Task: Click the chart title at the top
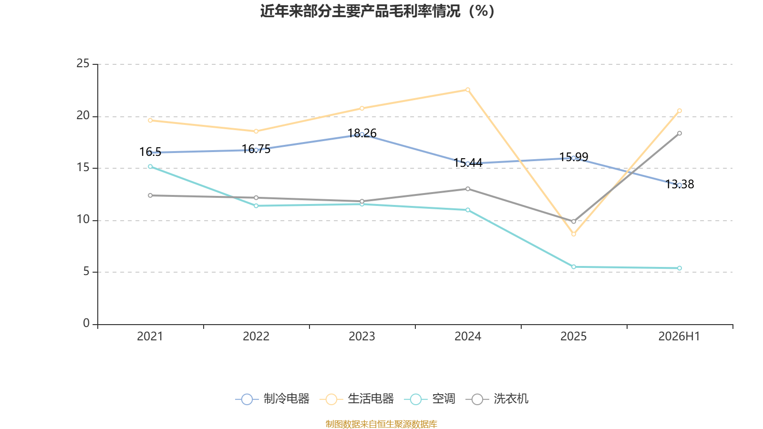[x=377, y=11]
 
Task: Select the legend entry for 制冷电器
[x=272, y=398]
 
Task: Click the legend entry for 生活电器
[x=357, y=398]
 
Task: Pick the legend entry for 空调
[x=430, y=398]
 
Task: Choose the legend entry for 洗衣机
[x=497, y=398]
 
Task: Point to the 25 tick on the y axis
[x=83, y=64]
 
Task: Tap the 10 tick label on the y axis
[x=83, y=220]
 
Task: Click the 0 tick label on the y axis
[x=86, y=323]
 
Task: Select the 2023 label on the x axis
[x=362, y=337]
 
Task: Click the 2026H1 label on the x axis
[x=679, y=337]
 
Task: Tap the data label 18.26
[x=362, y=133]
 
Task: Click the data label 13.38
[x=680, y=184]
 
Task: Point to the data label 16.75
[x=256, y=149]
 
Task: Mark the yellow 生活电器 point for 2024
[x=468, y=90]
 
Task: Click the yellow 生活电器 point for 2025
[x=574, y=234]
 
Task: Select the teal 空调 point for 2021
[x=150, y=166]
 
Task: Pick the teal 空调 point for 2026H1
[x=680, y=268]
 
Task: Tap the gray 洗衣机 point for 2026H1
[x=680, y=133]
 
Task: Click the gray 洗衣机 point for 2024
[x=468, y=189]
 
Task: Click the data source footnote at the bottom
[x=381, y=424]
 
